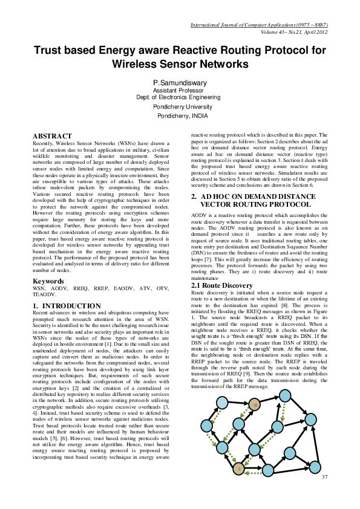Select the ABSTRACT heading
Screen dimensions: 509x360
coord(52,136)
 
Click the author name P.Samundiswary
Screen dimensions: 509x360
coord(180,82)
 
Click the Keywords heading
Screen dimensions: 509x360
coord(48,282)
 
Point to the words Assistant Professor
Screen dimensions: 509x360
coord(180,89)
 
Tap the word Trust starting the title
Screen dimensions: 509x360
coord(49,50)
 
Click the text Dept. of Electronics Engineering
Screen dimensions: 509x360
coord(180,97)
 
